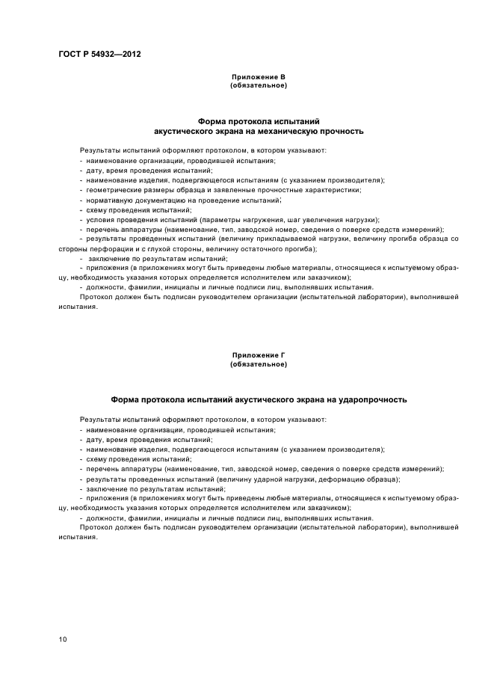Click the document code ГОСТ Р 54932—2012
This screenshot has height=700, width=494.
tap(99, 55)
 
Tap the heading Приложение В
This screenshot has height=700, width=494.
tap(259, 77)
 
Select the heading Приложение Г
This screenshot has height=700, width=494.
tap(259, 356)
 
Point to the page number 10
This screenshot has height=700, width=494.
tap(62, 639)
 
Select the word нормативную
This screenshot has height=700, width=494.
tap(108, 200)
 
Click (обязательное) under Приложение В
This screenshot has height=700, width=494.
tap(259, 85)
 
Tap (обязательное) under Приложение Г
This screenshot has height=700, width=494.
tap(259, 364)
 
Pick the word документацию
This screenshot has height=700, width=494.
tap(158, 200)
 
